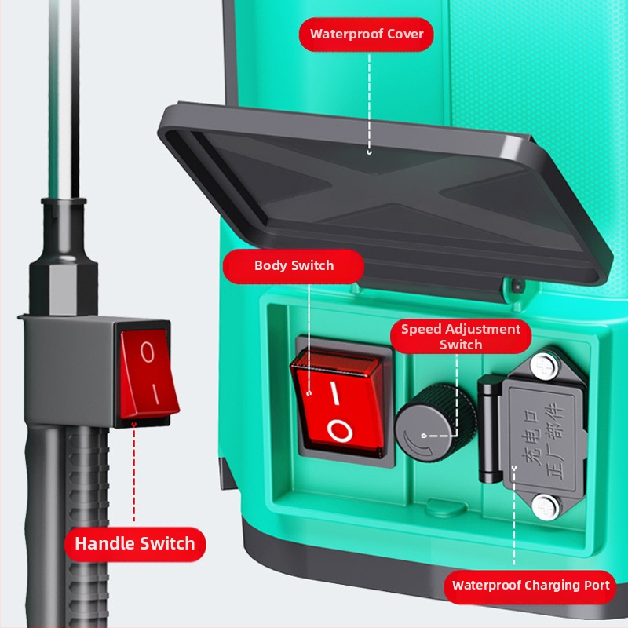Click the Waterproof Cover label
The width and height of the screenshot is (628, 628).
click(x=367, y=35)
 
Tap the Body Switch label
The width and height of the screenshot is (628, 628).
click(x=294, y=266)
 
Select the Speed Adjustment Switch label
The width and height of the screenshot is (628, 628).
click(x=461, y=337)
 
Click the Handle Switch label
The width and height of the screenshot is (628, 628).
click(x=135, y=544)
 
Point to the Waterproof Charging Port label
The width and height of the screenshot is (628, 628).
click(x=531, y=586)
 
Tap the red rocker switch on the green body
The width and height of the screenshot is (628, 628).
click(x=338, y=403)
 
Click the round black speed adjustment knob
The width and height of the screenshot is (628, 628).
click(x=436, y=423)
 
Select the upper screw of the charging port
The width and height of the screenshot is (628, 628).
click(x=544, y=366)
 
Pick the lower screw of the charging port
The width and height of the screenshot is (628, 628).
click(x=545, y=507)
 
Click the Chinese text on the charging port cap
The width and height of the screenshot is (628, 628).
click(x=544, y=440)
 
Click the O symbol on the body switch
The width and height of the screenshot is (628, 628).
click(x=340, y=430)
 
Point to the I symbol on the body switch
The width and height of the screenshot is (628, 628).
click(x=335, y=393)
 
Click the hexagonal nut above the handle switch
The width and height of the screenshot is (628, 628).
click(x=64, y=287)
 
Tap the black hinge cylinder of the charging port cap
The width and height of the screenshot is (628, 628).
click(x=488, y=429)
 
